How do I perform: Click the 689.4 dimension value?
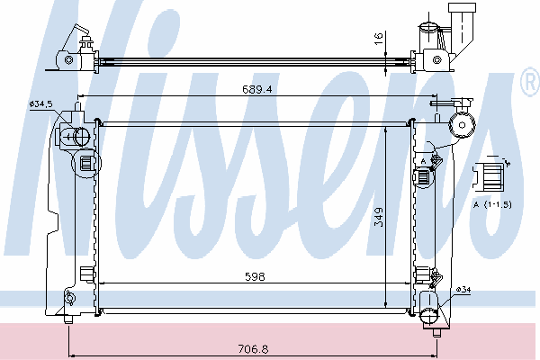257,89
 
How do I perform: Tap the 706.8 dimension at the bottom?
253,349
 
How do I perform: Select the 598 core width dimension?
255,276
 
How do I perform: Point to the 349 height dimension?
379,217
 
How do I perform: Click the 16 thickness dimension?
378,38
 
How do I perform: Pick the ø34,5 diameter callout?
41,103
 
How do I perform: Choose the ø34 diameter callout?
463,290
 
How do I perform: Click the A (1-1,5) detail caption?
493,204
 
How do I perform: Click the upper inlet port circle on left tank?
82,136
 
